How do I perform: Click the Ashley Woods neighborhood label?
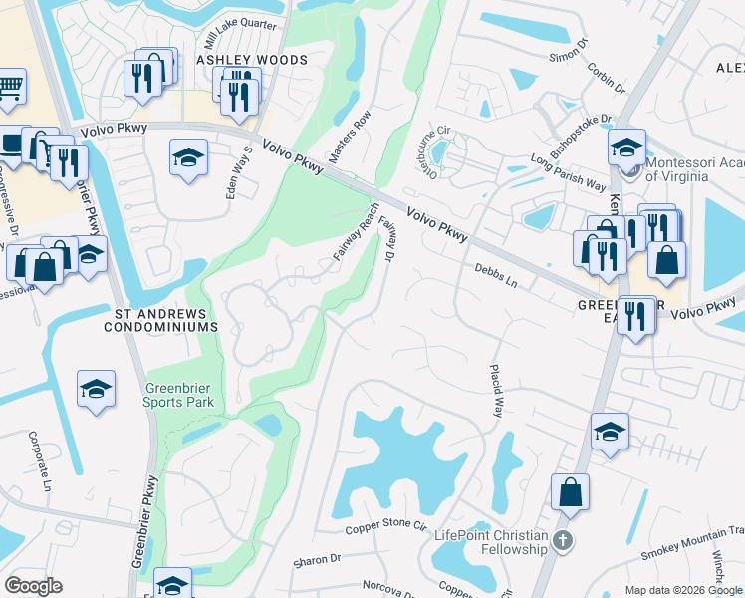click(x=251, y=60)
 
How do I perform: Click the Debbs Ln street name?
click(x=496, y=276)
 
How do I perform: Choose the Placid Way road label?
click(x=495, y=390)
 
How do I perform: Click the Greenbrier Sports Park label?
click(x=180, y=396)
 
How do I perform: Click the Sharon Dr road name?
click(x=317, y=562)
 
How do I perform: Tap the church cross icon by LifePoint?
click(x=563, y=541)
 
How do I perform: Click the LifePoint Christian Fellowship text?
click(x=491, y=538)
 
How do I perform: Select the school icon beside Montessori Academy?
click(x=626, y=148)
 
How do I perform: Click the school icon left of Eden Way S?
click(x=187, y=158)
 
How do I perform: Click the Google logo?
click(x=34, y=586)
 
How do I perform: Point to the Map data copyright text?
click(x=682, y=590)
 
